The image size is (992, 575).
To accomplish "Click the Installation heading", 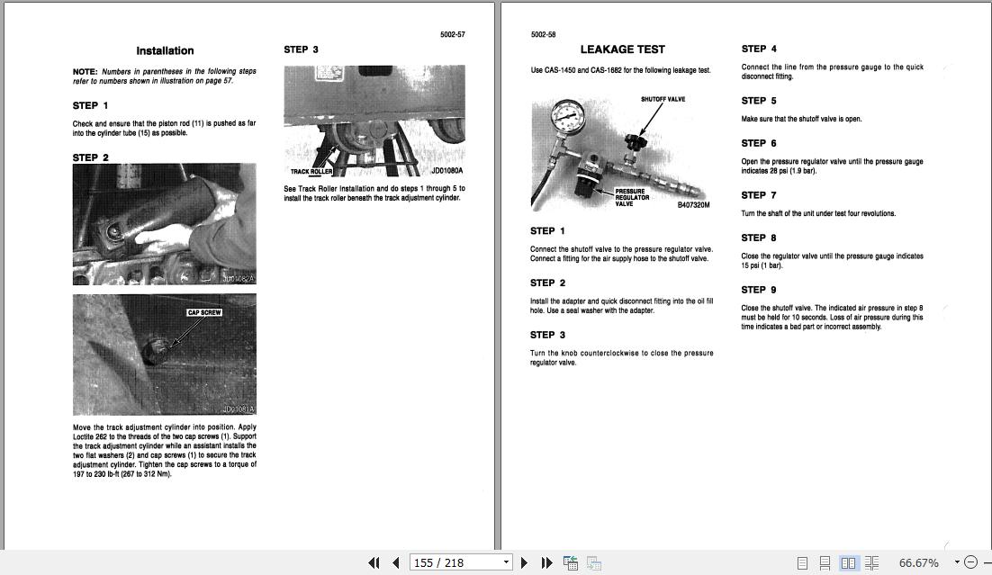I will tap(165, 51).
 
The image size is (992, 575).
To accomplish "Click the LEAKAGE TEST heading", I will tap(622, 49).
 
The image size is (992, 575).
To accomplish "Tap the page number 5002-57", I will tap(452, 34).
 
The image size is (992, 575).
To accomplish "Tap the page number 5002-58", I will tap(544, 34).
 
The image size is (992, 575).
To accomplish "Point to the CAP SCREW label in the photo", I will tap(204, 312).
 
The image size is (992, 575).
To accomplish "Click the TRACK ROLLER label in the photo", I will tap(311, 171).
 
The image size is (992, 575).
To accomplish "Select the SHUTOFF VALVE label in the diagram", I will tap(663, 99).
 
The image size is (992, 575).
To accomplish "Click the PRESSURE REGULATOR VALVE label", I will tap(631, 197).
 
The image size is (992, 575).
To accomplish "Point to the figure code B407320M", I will tap(693, 205).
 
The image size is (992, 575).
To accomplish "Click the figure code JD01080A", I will tap(446, 170).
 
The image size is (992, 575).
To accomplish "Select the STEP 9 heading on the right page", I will tap(759, 290).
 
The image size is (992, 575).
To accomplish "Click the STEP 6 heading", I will tap(759, 143).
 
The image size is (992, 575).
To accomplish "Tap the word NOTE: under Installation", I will tap(85, 71).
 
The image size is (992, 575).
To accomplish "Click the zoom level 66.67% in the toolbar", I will tap(918, 562).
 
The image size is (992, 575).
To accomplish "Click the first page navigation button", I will tap(374, 562).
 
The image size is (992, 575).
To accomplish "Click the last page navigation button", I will tap(546, 562).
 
